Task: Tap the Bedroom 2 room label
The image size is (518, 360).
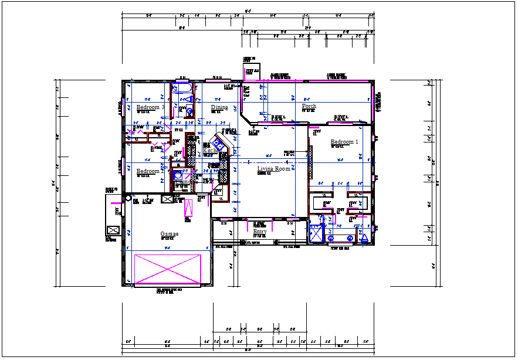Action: pos(148,171)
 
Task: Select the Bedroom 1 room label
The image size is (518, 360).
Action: pos(344,142)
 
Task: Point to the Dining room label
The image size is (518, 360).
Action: pos(219,107)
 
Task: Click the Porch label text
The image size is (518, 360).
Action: pos(309,106)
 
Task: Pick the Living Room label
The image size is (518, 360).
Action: pos(275,169)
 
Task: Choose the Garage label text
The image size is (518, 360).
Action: pos(169,234)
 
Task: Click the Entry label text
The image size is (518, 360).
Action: pos(259,232)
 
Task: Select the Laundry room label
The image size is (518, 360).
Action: pos(182,182)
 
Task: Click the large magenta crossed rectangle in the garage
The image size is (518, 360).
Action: pos(168,269)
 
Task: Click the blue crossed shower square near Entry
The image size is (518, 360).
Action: pos(316,233)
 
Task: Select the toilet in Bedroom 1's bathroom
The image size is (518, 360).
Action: pos(363,237)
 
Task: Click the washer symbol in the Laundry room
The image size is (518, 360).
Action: pos(178,175)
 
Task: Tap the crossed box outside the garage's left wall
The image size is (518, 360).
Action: pos(113,230)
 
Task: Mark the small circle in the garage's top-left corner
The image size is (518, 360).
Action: pos(129,198)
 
